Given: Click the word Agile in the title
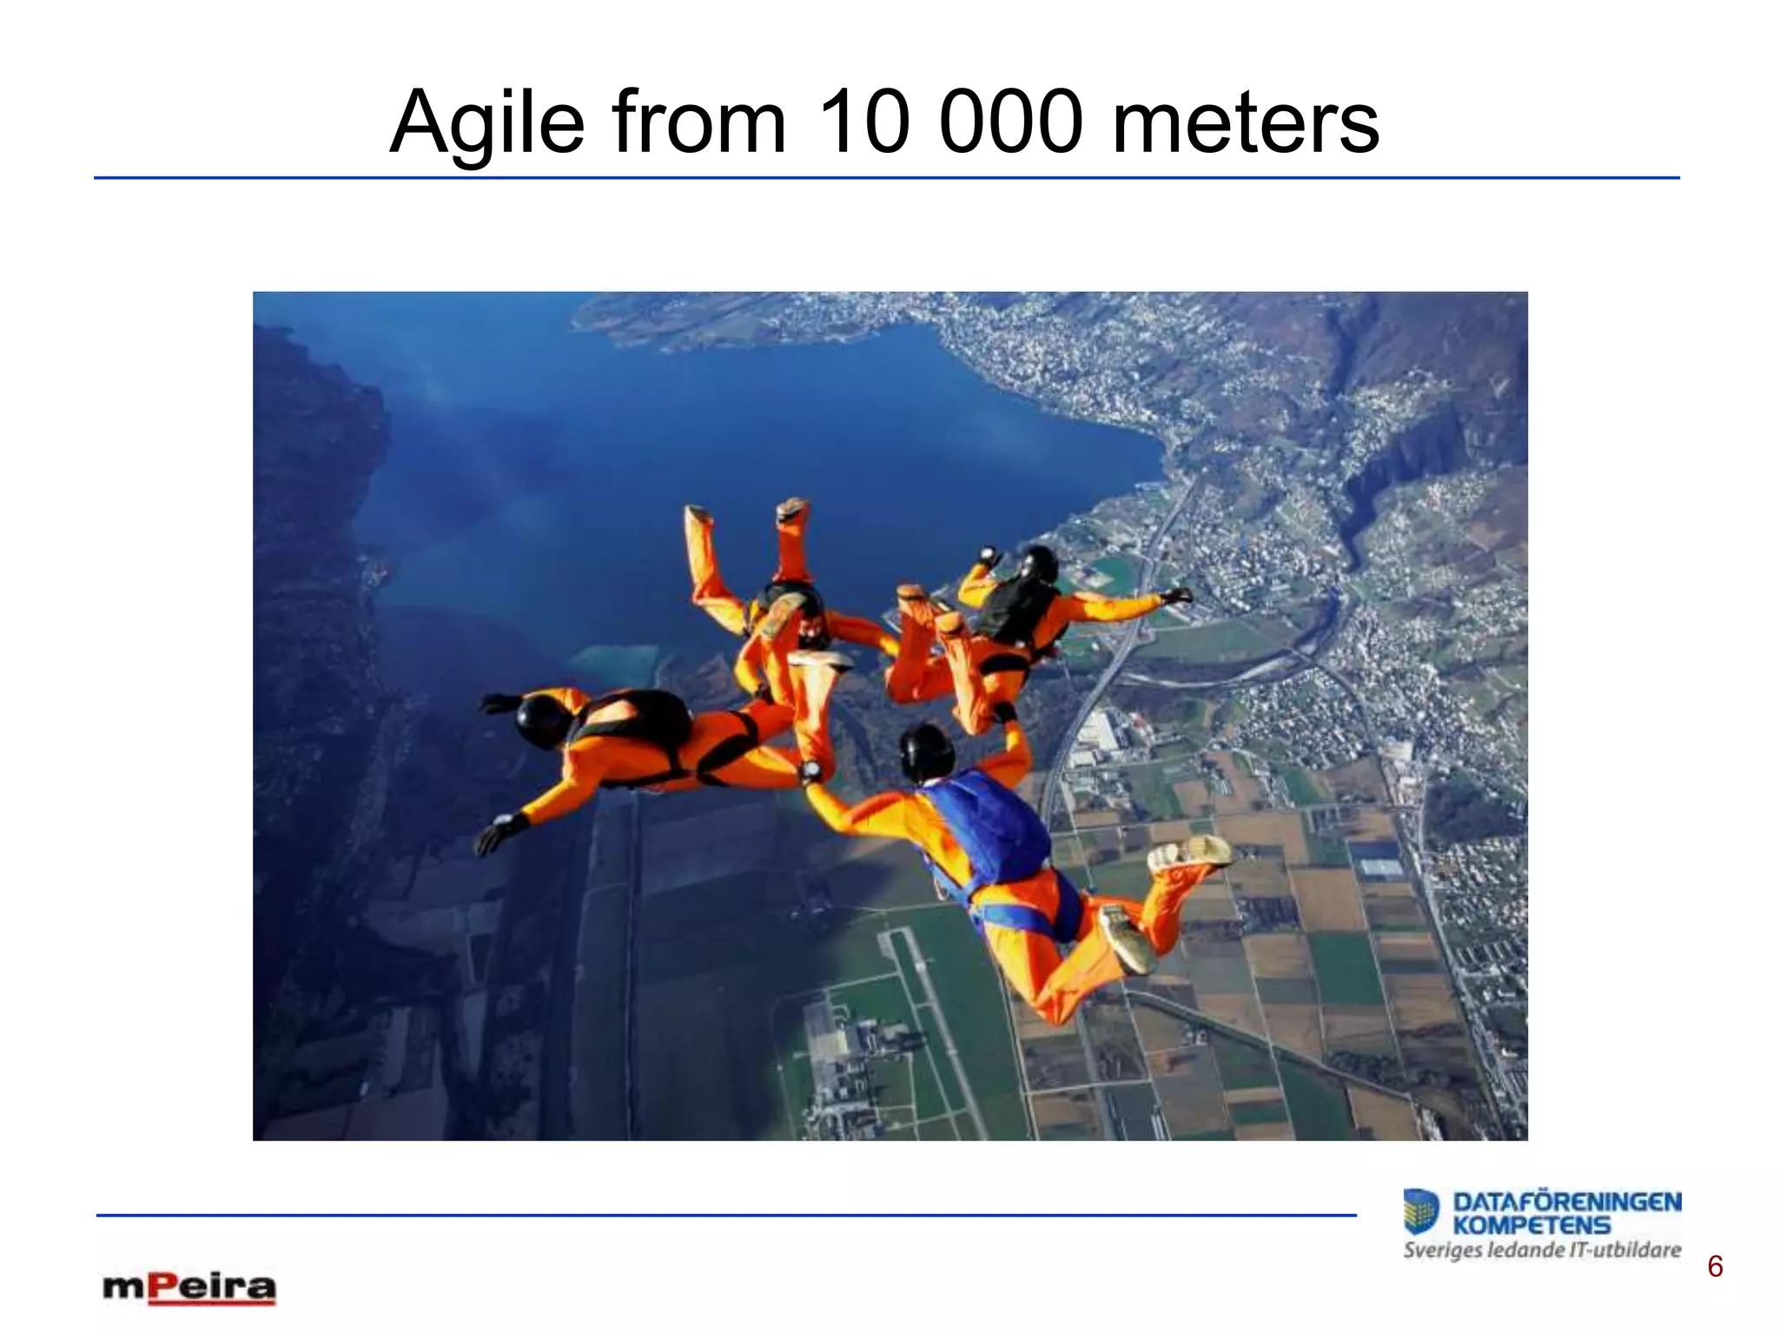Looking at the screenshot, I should click(x=487, y=123).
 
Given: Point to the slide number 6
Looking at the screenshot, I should click(x=1715, y=1267).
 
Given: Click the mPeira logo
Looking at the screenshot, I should click(x=189, y=1288).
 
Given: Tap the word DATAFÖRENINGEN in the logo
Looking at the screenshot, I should click(x=1567, y=1203).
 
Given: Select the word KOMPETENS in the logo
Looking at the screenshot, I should click(x=1532, y=1225).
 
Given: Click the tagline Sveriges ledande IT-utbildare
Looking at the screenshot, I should click(x=1542, y=1251).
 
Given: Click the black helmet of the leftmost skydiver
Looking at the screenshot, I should click(x=540, y=719).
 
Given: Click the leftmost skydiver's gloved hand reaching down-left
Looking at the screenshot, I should click(x=497, y=834).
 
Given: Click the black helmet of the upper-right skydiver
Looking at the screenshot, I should click(x=1039, y=563).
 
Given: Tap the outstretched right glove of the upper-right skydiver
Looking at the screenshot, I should click(x=1177, y=596).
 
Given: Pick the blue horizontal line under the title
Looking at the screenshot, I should click(x=886, y=178).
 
